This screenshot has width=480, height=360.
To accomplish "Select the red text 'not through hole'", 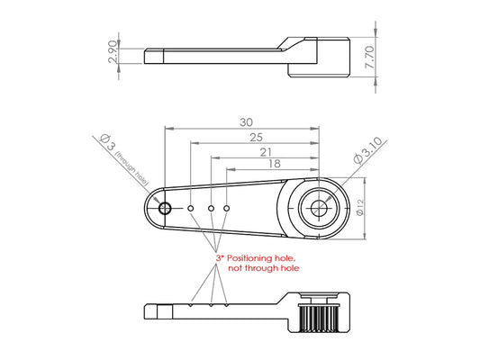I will click(264, 268).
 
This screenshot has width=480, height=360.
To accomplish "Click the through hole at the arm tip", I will click(164, 208).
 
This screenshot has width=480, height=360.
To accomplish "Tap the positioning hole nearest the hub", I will click(227, 208).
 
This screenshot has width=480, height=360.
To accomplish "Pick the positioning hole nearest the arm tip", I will click(192, 208).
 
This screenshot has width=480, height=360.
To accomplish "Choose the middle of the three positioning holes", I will click(211, 208).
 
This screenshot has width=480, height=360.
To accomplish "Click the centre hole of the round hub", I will click(318, 208).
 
